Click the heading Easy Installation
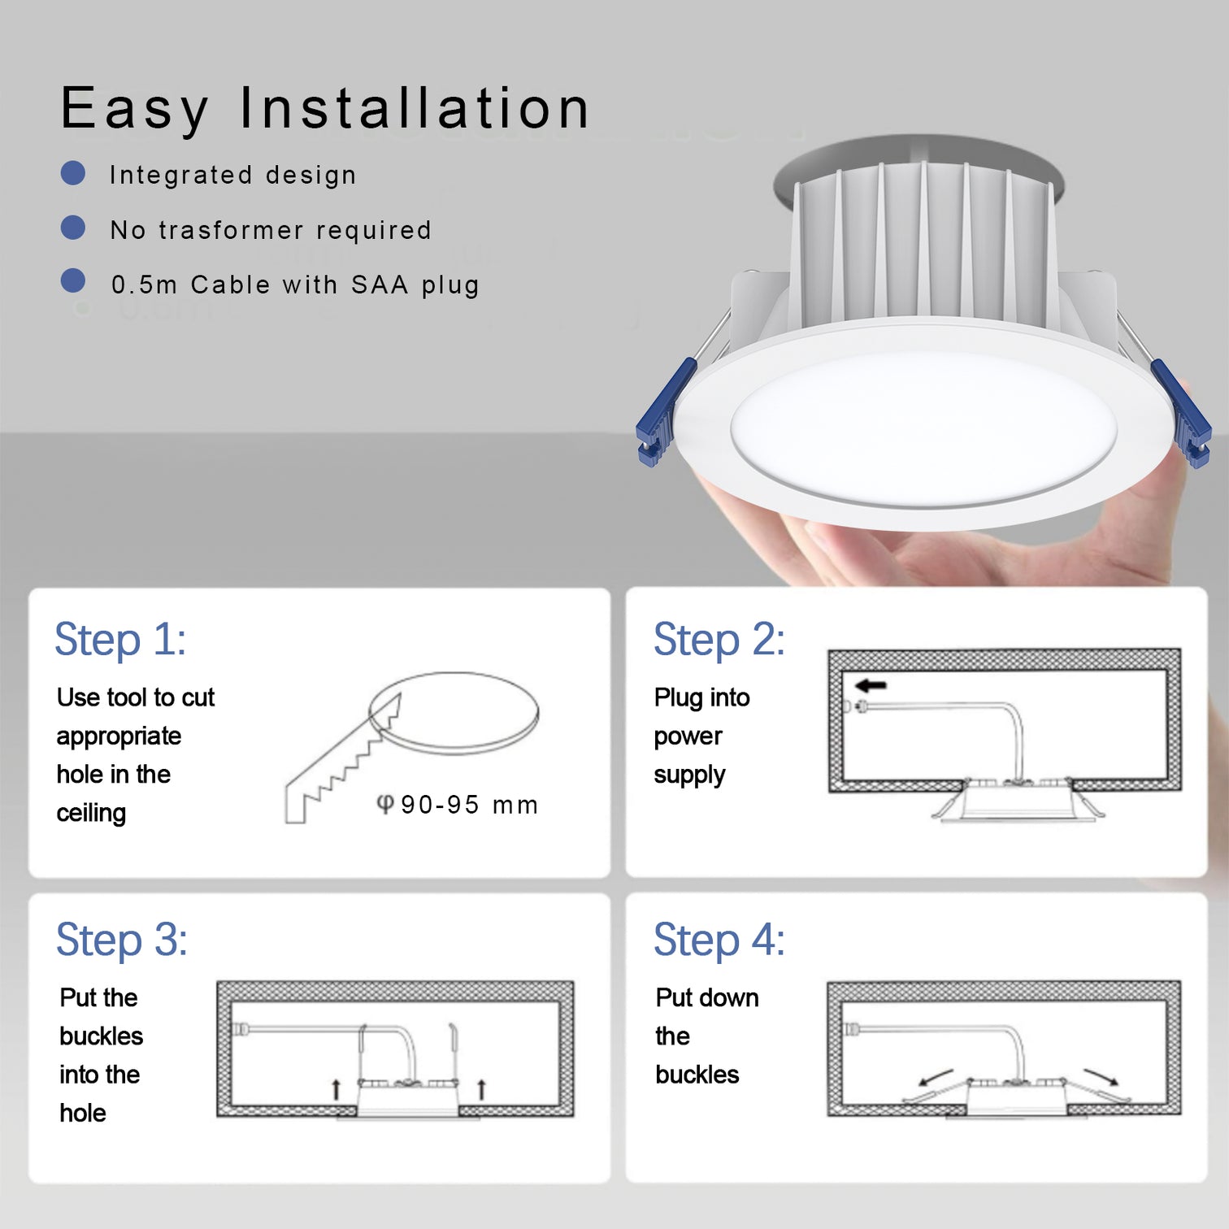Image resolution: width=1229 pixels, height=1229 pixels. tap(325, 109)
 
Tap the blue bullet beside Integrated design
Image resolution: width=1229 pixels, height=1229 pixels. tap(73, 173)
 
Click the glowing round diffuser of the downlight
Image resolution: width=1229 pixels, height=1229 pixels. tap(923, 428)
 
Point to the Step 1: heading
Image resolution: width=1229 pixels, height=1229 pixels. tap(120, 640)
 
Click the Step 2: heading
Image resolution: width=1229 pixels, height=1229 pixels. tap(719, 640)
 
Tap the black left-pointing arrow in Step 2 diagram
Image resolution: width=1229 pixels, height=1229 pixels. tap(871, 685)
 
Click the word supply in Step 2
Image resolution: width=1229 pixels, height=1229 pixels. tap(689, 775)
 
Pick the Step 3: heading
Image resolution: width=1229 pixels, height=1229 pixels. tap(122, 940)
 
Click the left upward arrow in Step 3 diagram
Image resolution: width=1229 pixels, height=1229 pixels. tap(336, 1089)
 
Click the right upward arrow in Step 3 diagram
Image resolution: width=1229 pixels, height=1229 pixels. tap(481, 1088)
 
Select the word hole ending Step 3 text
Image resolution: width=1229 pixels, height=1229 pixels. tap(83, 1114)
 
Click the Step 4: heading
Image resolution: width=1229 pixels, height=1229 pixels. tap(719, 940)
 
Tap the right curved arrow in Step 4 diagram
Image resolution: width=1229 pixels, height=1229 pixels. tap(1102, 1076)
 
